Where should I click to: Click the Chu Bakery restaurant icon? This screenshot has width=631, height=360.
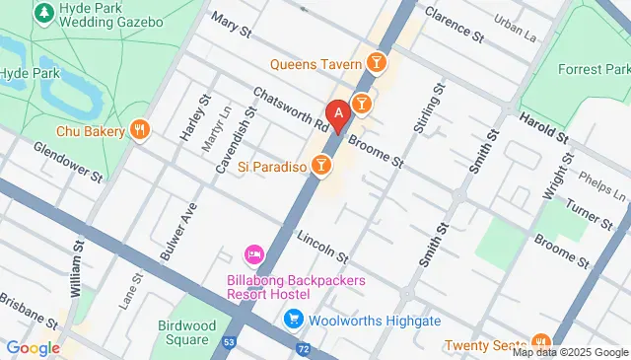pos(140,130)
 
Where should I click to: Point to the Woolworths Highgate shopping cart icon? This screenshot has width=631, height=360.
pos(293,320)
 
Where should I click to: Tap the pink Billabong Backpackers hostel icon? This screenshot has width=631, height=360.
pos(252,256)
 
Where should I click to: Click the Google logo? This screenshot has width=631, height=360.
pos(33,347)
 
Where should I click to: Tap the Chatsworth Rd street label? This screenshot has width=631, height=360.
pos(290,109)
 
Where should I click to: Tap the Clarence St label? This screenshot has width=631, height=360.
pos(453,25)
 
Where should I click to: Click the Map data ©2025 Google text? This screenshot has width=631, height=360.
pos(569,352)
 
